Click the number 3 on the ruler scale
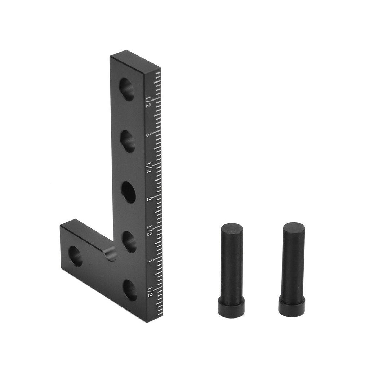148,134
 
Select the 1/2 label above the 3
148,101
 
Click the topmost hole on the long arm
127,89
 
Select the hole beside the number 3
128,141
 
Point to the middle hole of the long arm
129,192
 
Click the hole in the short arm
76,256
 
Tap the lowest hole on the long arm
130,290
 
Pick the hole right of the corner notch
129,242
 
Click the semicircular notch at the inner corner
110,254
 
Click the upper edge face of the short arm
86,235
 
